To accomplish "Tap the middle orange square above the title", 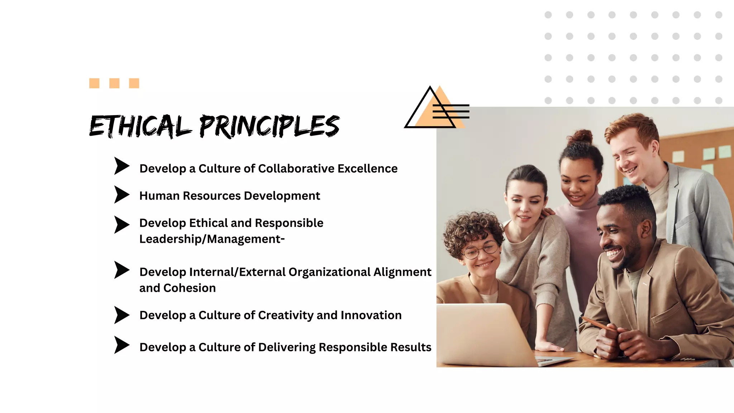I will [114, 83].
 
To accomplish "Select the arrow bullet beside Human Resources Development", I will [121, 195].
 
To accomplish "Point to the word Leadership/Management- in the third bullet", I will [212, 239].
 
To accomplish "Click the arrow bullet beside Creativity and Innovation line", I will [121, 315].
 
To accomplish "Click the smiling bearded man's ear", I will [646, 229].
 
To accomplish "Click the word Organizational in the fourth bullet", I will [329, 272].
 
